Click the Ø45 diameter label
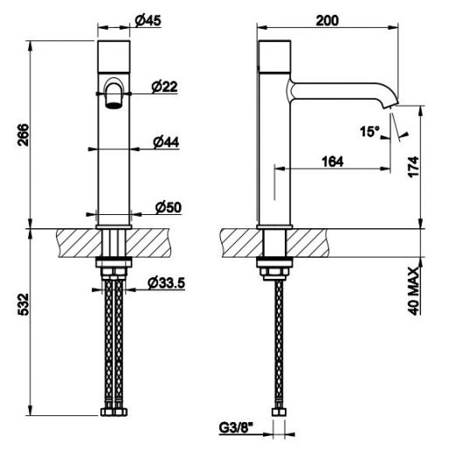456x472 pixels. point(148,20)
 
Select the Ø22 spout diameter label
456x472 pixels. point(164,87)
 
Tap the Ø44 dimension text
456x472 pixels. point(166,142)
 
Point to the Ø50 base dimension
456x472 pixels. point(169,207)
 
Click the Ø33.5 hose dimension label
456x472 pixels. point(166,283)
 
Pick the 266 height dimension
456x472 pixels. point(24,135)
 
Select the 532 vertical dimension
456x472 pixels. point(24,304)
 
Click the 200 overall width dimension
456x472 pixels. point(328,20)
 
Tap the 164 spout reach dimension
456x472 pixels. point(332,162)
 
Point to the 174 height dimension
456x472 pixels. point(414,166)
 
